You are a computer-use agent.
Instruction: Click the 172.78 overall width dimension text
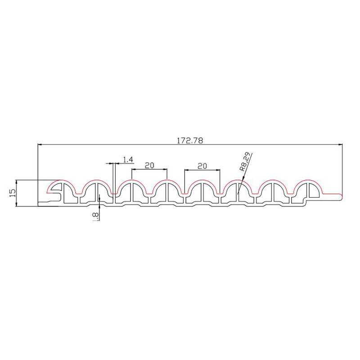(190, 140)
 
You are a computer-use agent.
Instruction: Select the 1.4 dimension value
(128, 160)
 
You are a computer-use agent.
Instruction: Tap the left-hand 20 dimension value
(149, 165)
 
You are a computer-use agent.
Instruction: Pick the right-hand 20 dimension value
(202, 166)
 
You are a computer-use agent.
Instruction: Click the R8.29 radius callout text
(244, 162)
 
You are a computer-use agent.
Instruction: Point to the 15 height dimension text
(13, 193)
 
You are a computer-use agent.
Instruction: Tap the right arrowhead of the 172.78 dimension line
(340, 144)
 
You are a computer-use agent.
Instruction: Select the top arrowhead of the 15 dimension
(16, 182)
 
